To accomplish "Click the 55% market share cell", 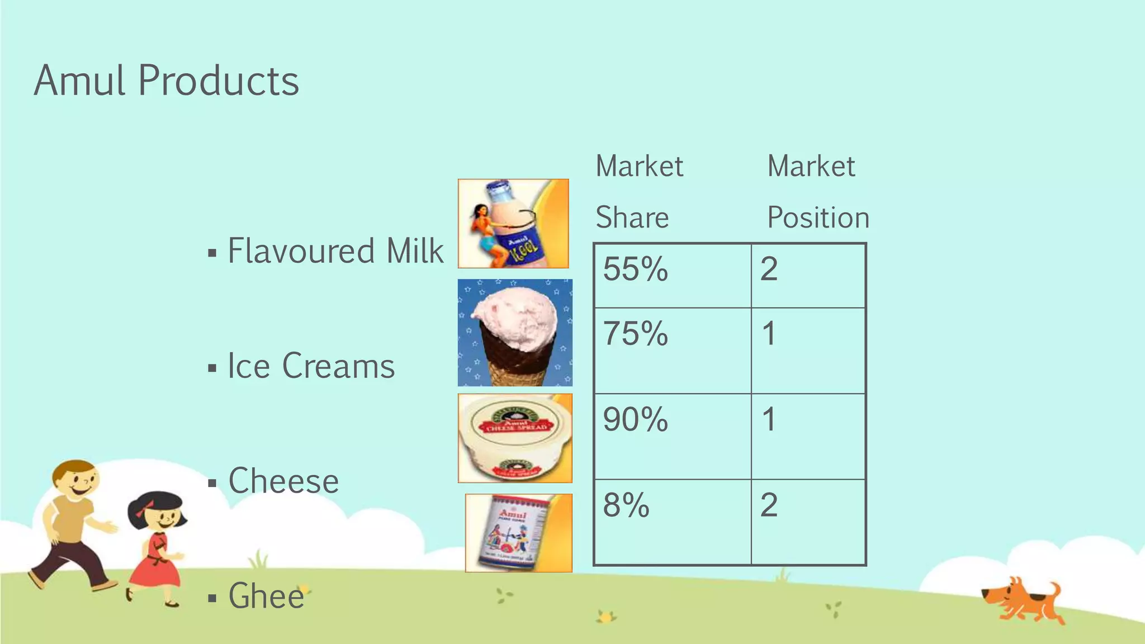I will [x=635, y=269].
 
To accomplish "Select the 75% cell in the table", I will [x=635, y=334].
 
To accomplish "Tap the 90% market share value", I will [x=635, y=419].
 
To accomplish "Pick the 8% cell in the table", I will [x=626, y=505].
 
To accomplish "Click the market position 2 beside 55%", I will [x=769, y=269].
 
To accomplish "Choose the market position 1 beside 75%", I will [x=769, y=334].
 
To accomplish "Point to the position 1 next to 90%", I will [x=769, y=419].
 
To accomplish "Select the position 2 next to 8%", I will [x=769, y=505].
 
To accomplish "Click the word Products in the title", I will [x=218, y=81].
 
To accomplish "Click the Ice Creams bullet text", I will [x=311, y=366].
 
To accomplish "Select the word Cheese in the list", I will [x=283, y=481].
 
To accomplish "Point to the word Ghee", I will [x=266, y=596].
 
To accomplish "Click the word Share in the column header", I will [x=632, y=217].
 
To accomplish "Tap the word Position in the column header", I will [x=818, y=217].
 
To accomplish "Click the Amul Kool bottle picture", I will [x=513, y=224].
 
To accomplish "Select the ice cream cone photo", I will [x=515, y=333].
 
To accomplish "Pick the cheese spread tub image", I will [x=515, y=438].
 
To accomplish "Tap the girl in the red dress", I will [x=157, y=548].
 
